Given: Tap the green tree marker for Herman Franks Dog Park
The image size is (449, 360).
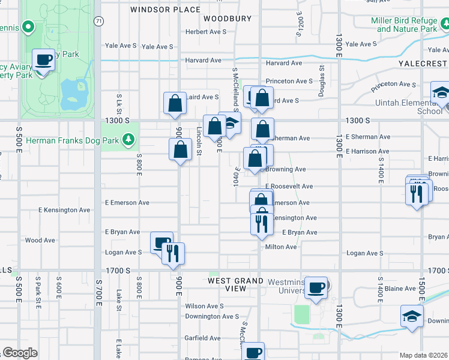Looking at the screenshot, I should pos(128,140).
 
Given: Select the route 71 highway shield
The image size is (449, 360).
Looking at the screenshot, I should pos(98,20).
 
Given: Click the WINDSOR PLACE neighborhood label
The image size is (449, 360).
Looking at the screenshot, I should pos(165,10).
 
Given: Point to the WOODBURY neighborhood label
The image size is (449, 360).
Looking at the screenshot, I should pos(227,19).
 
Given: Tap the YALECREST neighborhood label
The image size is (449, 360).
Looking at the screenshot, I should pos(423,63).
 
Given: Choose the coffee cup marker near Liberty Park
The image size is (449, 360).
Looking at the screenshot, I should pos(43,61).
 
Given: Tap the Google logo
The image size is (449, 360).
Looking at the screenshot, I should pos(20,353).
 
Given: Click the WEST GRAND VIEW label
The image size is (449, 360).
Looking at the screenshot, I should pos(236,284).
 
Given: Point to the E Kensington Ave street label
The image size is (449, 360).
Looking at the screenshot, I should pos(64,210).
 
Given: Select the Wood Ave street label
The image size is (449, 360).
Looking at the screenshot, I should pos(40,240).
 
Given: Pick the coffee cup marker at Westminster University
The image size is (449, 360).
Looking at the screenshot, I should pos(316,287).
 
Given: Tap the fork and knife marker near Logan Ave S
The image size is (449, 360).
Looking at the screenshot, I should pos(173,252).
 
